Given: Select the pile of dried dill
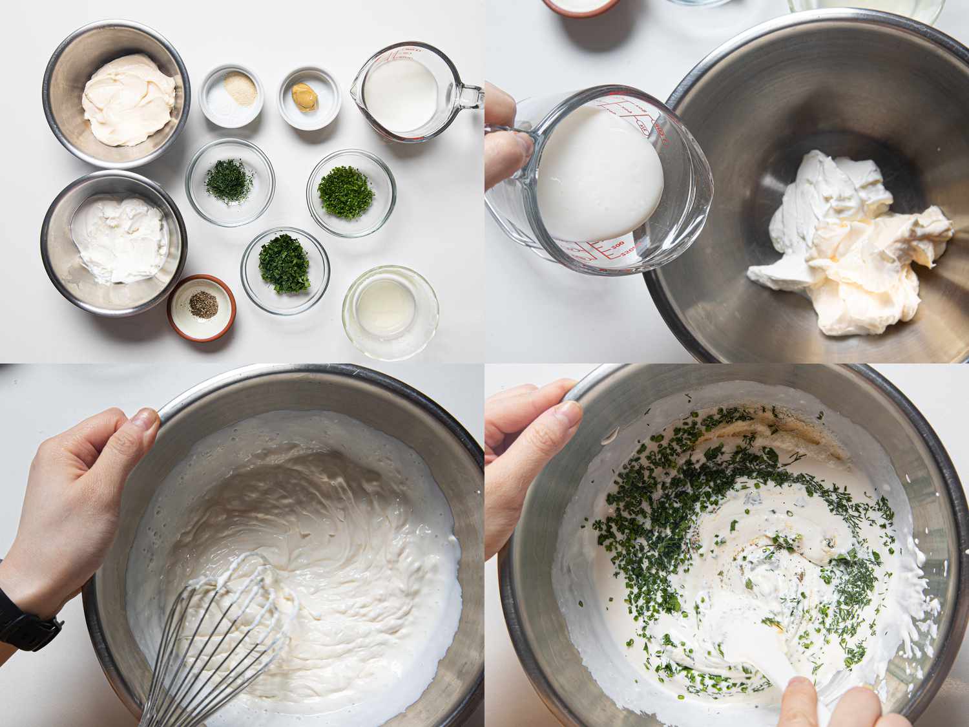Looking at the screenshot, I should click(229, 180).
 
